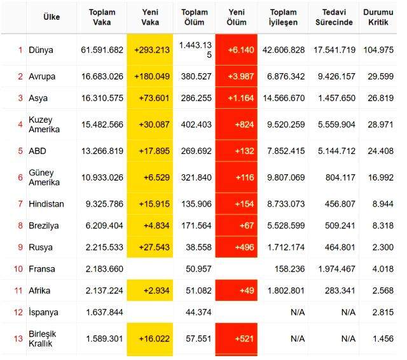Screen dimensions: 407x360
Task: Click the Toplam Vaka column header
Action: [x=102, y=17]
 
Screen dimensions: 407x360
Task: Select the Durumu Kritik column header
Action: [x=378, y=17]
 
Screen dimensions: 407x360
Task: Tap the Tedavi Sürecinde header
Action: [x=334, y=17]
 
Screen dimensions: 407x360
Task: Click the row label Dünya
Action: [x=41, y=50]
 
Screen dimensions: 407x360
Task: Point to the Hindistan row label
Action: [x=46, y=204]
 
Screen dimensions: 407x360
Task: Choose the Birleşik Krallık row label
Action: [x=42, y=338]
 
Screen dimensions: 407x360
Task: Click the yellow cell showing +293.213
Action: [x=150, y=50]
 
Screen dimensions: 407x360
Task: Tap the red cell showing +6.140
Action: [x=236, y=50]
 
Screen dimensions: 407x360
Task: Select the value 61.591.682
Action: [x=102, y=50]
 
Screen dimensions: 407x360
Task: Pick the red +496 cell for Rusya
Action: [x=236, y=247]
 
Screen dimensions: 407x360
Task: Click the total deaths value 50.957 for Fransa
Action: [x=198, y=269]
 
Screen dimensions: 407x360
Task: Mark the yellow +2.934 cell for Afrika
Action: [x=150, y=291]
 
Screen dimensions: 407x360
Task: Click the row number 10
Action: [x=18, y=269]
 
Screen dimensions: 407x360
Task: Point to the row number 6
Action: [x=20, y=177]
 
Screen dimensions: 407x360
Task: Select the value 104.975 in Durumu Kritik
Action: [x=378, y=50]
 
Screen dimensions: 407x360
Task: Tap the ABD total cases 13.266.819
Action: [x=102, y=151]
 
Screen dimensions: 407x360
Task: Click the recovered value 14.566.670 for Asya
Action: [x=284, y=98]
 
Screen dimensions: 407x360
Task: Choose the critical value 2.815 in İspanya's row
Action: [x=383, y=312]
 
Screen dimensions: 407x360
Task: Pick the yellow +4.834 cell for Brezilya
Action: [x=150, y=225]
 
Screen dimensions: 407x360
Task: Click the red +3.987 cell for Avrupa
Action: [x=236, y=76]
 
